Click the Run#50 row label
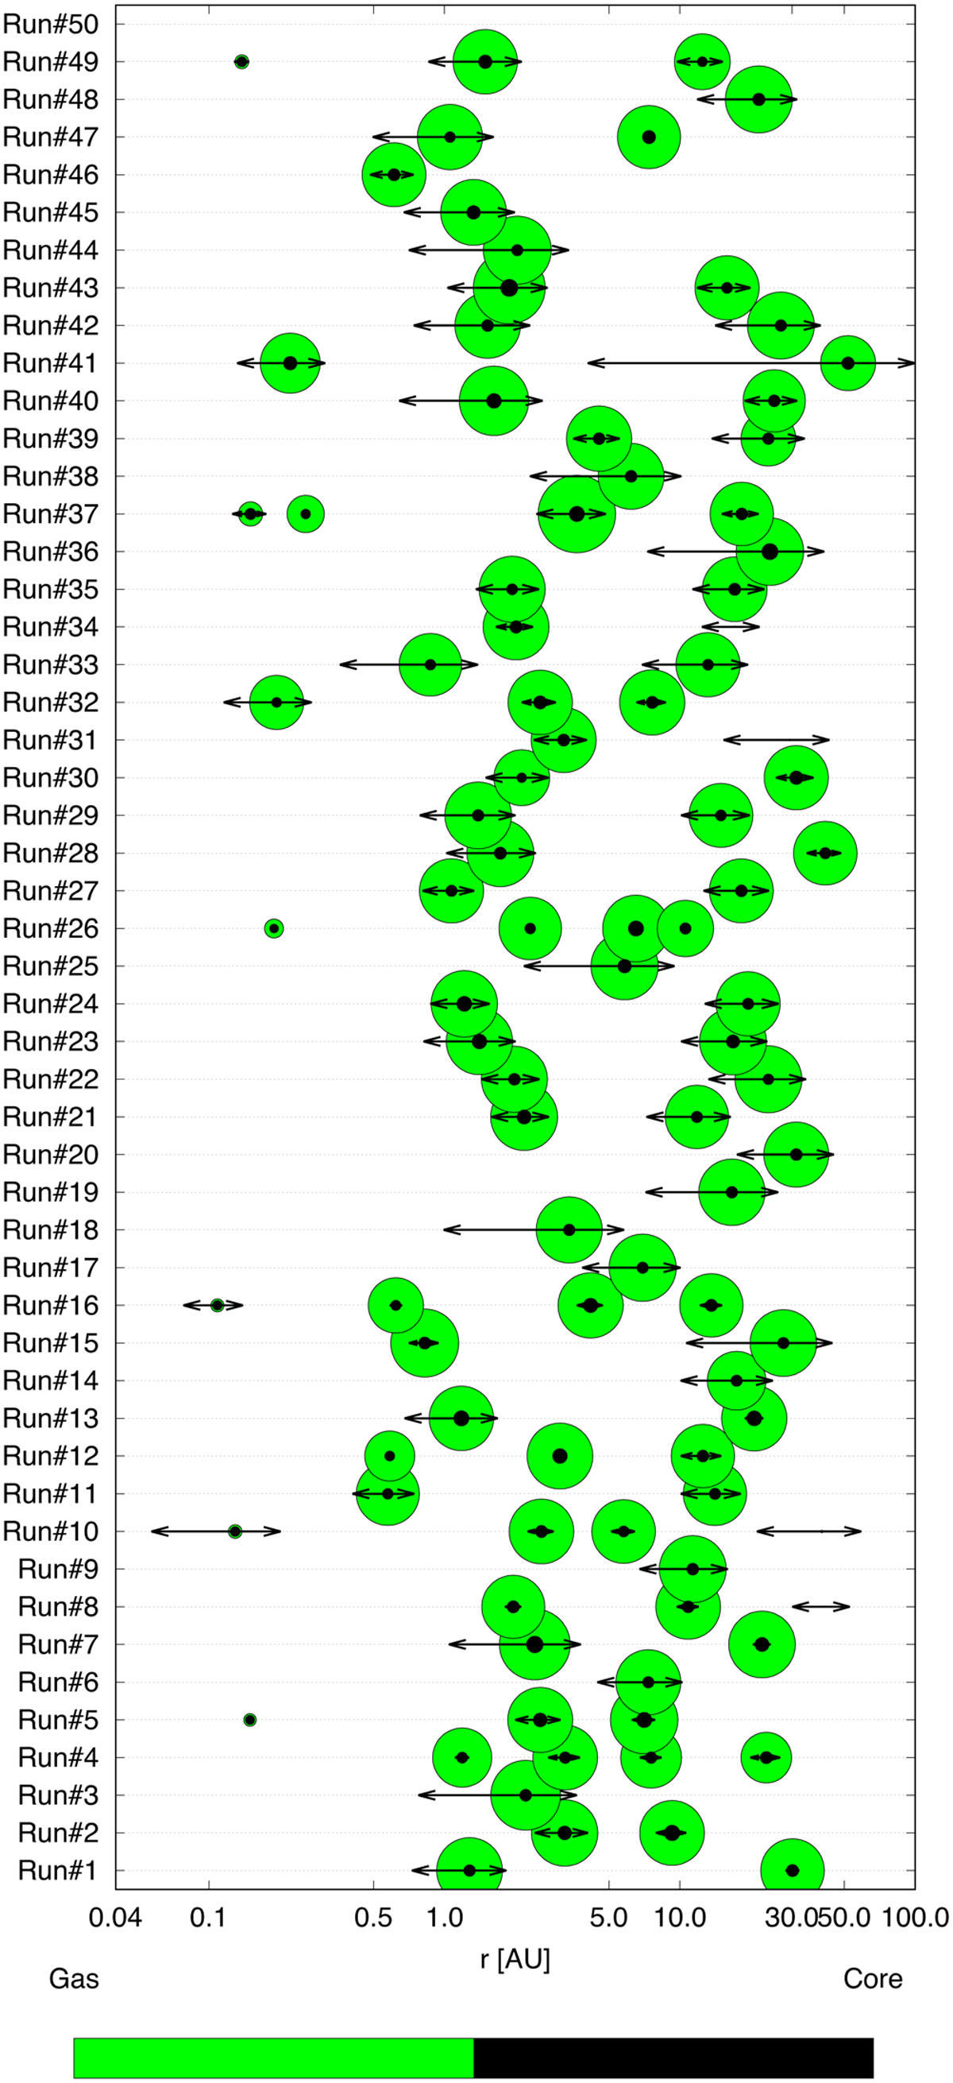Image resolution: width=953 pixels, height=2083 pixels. coord(51,25)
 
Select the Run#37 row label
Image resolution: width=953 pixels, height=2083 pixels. coord(51,514)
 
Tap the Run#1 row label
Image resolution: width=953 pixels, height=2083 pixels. coord(58,1870)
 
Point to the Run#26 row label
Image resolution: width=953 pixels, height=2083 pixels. coord(51,928)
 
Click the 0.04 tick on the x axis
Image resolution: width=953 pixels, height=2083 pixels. coord(115,1917)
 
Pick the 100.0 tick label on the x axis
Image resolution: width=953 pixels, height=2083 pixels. coord(915,1917)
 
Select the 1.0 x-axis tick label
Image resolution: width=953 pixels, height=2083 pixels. coord(444,1917)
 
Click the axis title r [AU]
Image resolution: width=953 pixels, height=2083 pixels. coord(515,1960)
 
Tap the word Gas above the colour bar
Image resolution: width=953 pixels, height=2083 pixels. coord(74,1979)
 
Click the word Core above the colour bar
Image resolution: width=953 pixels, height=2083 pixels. coord(873,1979)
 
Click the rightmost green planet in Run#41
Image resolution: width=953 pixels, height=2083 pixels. coord(848,363)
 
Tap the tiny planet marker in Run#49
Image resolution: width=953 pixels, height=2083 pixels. coord(241,61)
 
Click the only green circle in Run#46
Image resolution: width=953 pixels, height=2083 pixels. coord(394,175)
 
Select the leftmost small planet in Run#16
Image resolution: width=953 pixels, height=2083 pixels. coord(217,1305)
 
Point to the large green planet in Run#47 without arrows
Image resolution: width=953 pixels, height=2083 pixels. coord(648,137)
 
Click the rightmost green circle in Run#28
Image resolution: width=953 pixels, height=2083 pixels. coord(824,853)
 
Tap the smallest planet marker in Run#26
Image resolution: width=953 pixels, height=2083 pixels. coord(274,928)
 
